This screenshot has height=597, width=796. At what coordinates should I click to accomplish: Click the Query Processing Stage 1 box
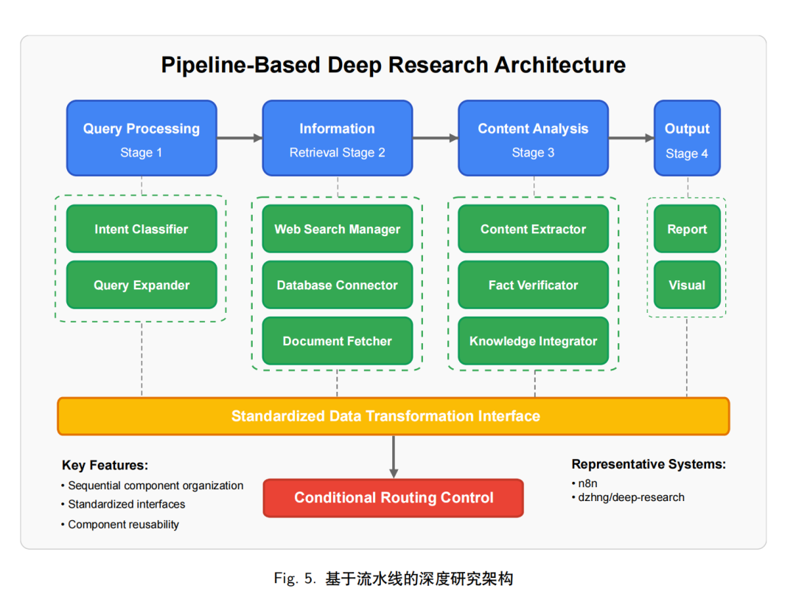142,138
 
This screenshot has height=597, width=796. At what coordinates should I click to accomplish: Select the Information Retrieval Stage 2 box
338,138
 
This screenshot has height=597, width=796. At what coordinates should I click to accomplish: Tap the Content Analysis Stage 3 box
533,138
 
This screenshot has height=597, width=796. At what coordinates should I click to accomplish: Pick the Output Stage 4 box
687,138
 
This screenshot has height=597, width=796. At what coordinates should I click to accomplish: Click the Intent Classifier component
142,229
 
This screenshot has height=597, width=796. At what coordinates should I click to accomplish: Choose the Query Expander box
142,285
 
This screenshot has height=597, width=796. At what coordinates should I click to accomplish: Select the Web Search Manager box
338,229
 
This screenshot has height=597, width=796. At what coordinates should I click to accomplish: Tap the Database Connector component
338,285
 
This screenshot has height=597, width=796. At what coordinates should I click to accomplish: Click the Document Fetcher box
338,340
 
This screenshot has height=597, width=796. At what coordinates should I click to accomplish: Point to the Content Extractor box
533,229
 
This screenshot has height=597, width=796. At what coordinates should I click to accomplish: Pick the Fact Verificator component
533,285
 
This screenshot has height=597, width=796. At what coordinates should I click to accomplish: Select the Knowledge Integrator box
533,340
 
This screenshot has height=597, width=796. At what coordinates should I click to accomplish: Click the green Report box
687,229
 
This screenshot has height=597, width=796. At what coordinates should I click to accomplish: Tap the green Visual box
687,285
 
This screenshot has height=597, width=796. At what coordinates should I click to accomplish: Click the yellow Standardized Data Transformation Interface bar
394,416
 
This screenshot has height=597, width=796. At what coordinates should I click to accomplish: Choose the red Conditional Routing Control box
394,498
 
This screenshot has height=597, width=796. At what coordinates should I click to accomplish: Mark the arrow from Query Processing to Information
240,138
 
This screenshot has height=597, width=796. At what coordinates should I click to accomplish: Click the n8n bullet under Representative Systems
584,483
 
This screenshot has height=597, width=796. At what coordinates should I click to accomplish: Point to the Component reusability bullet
120,525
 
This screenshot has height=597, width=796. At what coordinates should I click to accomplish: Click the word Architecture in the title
560,65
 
